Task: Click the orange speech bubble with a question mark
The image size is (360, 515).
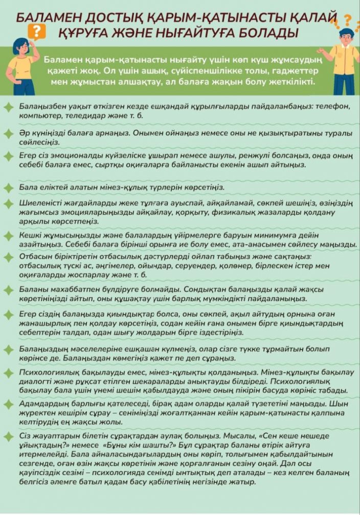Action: coord(36,32)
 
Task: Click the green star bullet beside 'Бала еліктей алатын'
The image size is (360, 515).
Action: coord(8,186)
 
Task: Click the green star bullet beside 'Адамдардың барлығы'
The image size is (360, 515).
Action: coord(8,404)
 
